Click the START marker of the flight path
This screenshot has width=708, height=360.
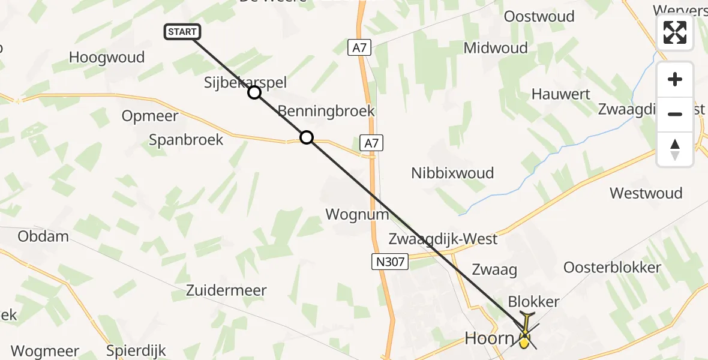182,32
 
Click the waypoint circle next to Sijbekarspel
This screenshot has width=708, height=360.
254,92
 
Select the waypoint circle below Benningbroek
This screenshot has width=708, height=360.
307,138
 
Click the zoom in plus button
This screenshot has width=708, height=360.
675,79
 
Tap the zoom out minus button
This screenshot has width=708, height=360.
675,114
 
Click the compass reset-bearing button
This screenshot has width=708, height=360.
675,149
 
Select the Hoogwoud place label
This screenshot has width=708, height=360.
107,58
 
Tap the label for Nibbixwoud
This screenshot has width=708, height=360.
452,173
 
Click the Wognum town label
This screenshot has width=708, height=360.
357,214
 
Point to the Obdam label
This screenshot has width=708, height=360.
43,236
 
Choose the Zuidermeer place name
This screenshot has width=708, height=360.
226,290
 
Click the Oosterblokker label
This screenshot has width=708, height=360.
612,268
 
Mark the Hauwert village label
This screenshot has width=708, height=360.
560,94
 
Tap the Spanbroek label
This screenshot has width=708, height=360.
186,140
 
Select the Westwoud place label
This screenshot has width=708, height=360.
646,193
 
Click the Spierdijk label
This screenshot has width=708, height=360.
136,350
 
